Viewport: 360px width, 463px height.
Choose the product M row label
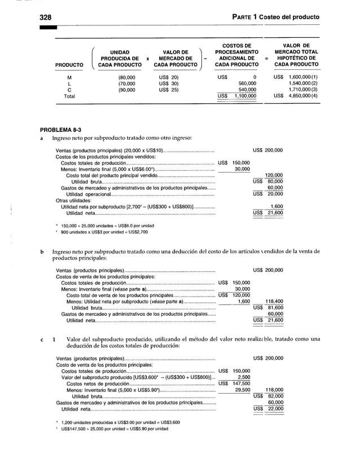pyautogui.click(x=69, y=76)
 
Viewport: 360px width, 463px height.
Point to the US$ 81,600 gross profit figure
pyautogui.click(x=268, y=308)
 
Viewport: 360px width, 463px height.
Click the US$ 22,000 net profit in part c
pyautogui.click(x=268, y=409)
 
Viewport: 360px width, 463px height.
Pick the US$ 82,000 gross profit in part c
pyautogui.click(x=268, y=396)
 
